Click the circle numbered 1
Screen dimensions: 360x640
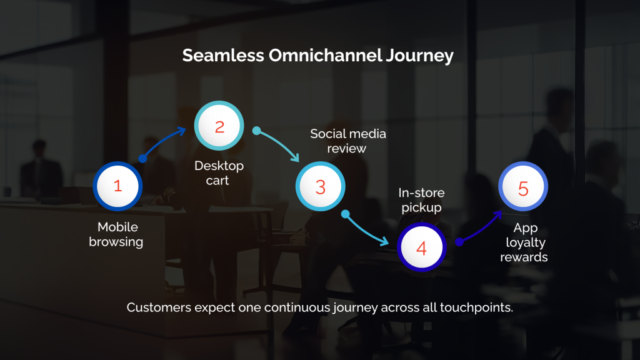117,186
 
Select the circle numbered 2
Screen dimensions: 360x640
219,127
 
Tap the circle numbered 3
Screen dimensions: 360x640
320,187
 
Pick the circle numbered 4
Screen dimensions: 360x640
421,248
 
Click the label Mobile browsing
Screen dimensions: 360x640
116,234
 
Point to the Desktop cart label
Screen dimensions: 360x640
219,173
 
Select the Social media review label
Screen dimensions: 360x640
348,141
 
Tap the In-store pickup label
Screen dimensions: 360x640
421,201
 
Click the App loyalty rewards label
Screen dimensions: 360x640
524,242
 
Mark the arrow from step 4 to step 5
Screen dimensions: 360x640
480,226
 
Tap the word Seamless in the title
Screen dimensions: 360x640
223,56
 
